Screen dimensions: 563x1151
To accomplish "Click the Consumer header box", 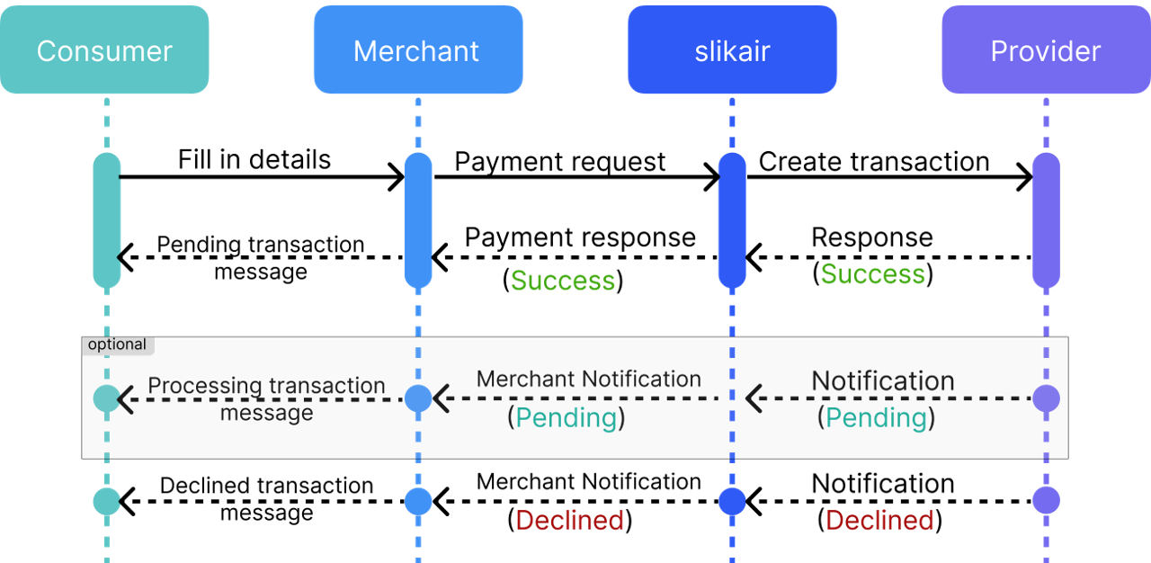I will click(x=104, y=49).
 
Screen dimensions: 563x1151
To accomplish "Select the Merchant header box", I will click(x=417, y=49).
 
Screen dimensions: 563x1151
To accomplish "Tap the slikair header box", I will click(x=732, y=49).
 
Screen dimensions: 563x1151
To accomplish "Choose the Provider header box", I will click(x=1045, y=49).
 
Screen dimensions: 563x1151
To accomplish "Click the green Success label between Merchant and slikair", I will click(x=563, y=281).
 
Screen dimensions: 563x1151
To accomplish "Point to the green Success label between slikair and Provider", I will click(x=872, y=273).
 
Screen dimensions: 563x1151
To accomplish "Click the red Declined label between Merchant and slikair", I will click(x=569, y=520).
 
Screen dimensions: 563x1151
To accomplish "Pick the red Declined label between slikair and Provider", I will click(x=879, y=520).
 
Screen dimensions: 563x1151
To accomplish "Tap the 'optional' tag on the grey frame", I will click(x=117, y=345).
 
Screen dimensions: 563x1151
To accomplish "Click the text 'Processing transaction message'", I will click(x=266, y=398).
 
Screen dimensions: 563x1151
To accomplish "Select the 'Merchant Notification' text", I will click(x=588, y=380).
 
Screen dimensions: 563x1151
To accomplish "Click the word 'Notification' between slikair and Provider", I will click(x=882, y=381).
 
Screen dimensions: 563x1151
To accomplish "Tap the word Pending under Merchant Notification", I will click(x=567, y=417).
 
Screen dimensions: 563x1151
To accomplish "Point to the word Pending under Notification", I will click(x=876, y=417).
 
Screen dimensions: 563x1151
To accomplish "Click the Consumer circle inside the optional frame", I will click(x=106, y=398).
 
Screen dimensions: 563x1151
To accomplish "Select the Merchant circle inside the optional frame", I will click(x=418, y=398).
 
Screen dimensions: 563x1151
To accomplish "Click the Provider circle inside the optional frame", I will click(x=1046, y=398).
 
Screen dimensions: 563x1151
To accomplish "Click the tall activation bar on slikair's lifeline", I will click(x=732, y=220).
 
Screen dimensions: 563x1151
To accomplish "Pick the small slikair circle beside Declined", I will click(x=732, y=501).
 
